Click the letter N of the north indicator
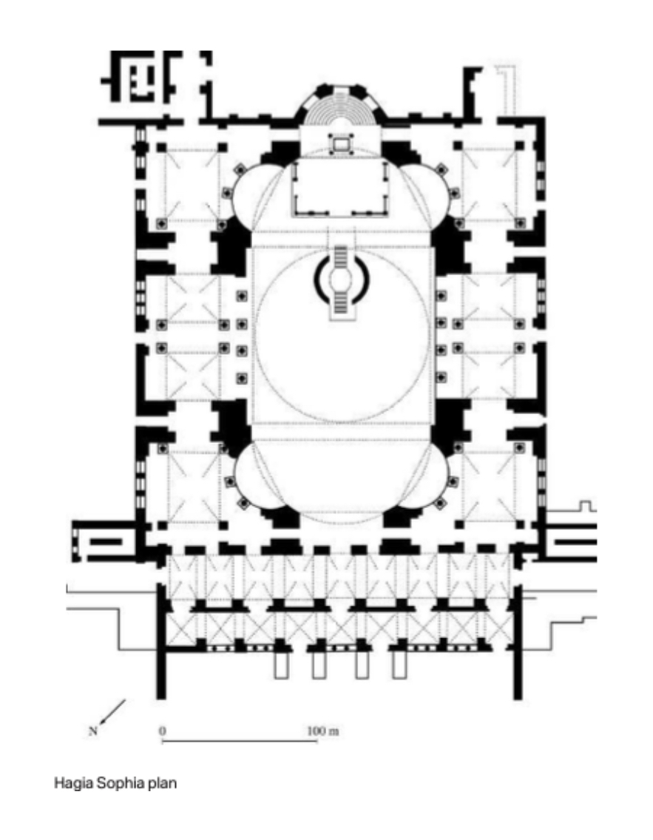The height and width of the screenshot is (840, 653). click(93, 732)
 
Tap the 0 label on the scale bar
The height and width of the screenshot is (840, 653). click(163, 730)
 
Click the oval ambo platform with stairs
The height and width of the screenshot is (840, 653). click(341, 280)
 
